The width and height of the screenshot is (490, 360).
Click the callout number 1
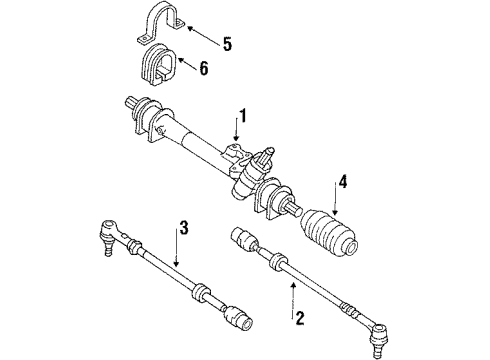243,116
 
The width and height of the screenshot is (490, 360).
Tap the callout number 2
299,318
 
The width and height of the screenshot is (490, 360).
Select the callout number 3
184,227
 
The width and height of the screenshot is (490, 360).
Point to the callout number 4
342,181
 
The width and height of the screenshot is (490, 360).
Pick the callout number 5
227,44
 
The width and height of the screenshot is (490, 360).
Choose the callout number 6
203,68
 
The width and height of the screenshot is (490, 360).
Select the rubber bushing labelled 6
157,67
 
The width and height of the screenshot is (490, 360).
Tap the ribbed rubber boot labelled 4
328,233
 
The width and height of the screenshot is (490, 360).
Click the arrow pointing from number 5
204,35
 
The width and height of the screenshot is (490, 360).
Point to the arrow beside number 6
187,64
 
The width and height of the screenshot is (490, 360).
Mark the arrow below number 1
236,128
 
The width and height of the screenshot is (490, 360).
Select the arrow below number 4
335,197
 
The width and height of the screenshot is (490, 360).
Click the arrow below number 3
176,247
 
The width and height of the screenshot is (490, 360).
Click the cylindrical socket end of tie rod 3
238,317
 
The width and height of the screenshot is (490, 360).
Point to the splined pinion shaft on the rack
268,155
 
